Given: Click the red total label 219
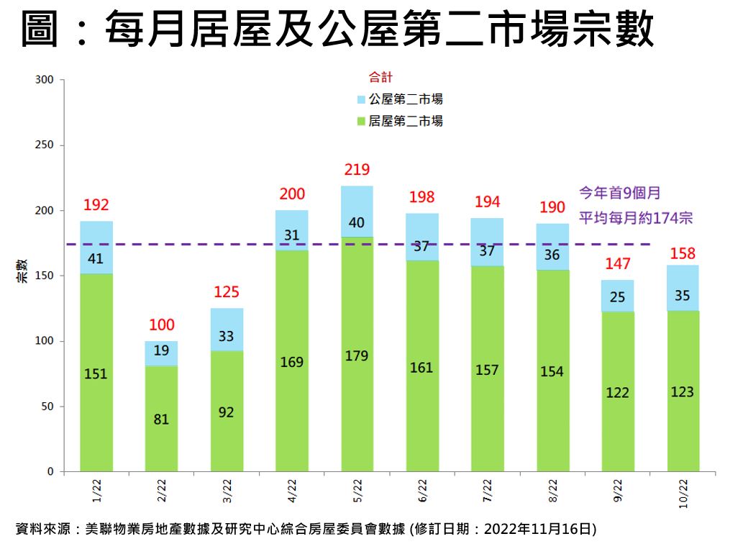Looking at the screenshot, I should (x=357, y=170).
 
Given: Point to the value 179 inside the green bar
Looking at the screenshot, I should (x=357, y=356).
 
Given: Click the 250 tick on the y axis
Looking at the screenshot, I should (x=45, y=145).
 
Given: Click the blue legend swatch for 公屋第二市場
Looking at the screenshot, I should (x=361, y=99).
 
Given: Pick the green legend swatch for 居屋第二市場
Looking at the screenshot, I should (x=361, y=121).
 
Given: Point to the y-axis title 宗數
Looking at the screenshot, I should (x=22, y=273).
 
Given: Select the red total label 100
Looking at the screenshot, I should (x=161, y=325).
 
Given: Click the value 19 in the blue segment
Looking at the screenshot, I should (x=161, y=351).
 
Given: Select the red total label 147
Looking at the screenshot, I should (x=617, y=263).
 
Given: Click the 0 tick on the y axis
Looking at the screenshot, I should (x=50, y=472).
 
